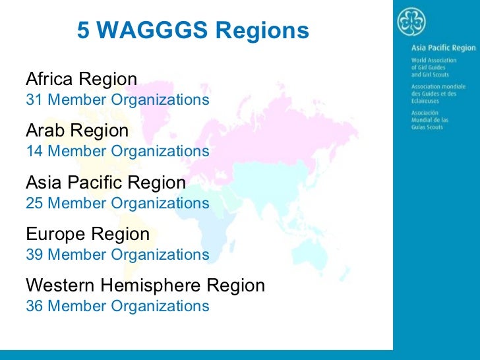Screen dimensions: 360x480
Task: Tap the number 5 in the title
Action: (84, 30)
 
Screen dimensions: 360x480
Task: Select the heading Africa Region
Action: (81, 80)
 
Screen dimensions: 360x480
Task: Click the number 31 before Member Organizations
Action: (34, 100)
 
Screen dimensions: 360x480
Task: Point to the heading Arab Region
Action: (76, 131)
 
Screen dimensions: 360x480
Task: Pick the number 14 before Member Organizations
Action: (34, 152)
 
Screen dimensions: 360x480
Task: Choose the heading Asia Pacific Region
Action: (105, 182)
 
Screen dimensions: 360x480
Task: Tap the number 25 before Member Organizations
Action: (34, 203)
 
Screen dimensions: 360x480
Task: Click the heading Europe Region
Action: (88, 234)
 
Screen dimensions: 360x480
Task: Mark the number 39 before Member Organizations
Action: (34, 255)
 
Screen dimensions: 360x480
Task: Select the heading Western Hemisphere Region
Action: (145, 285)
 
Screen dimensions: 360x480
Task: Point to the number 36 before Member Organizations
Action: (34, 306)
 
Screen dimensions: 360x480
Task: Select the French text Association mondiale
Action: (438, 86)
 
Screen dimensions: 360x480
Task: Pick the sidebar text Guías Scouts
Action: (427, 127)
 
